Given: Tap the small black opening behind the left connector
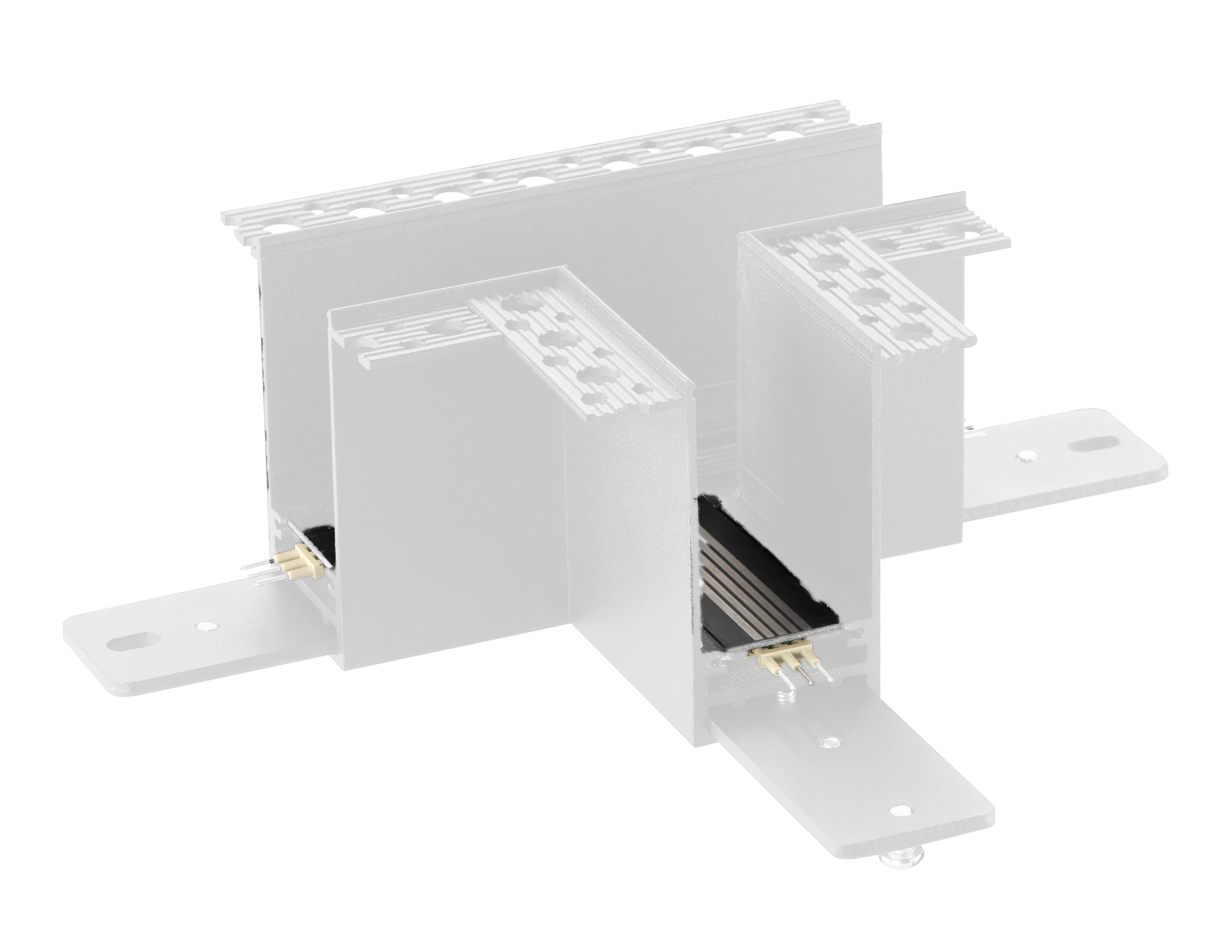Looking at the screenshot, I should coord(320,538).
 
